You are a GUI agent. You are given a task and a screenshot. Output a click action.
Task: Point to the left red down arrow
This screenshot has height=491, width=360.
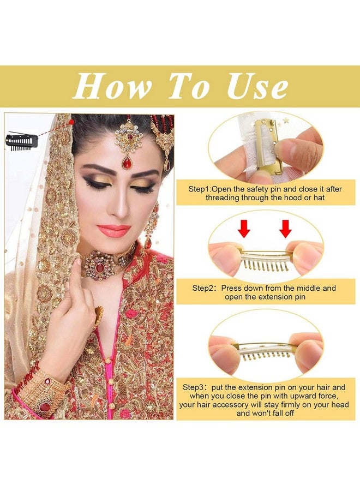tap(244, 229)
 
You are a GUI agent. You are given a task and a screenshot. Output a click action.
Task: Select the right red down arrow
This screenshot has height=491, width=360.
tap(285, 229)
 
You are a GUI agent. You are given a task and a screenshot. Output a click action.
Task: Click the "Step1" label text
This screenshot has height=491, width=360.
tap(200, 188)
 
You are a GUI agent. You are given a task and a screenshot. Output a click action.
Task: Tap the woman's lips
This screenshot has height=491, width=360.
tap(115, 230)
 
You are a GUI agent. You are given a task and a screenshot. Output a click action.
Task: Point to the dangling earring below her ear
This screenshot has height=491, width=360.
tap(149, 229)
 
